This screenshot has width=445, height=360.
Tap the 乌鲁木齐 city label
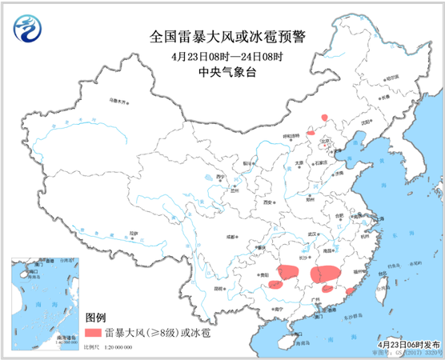click(118, 102)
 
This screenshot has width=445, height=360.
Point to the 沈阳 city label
click(367, 122)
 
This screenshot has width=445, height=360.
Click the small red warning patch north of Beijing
click(324, 117)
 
